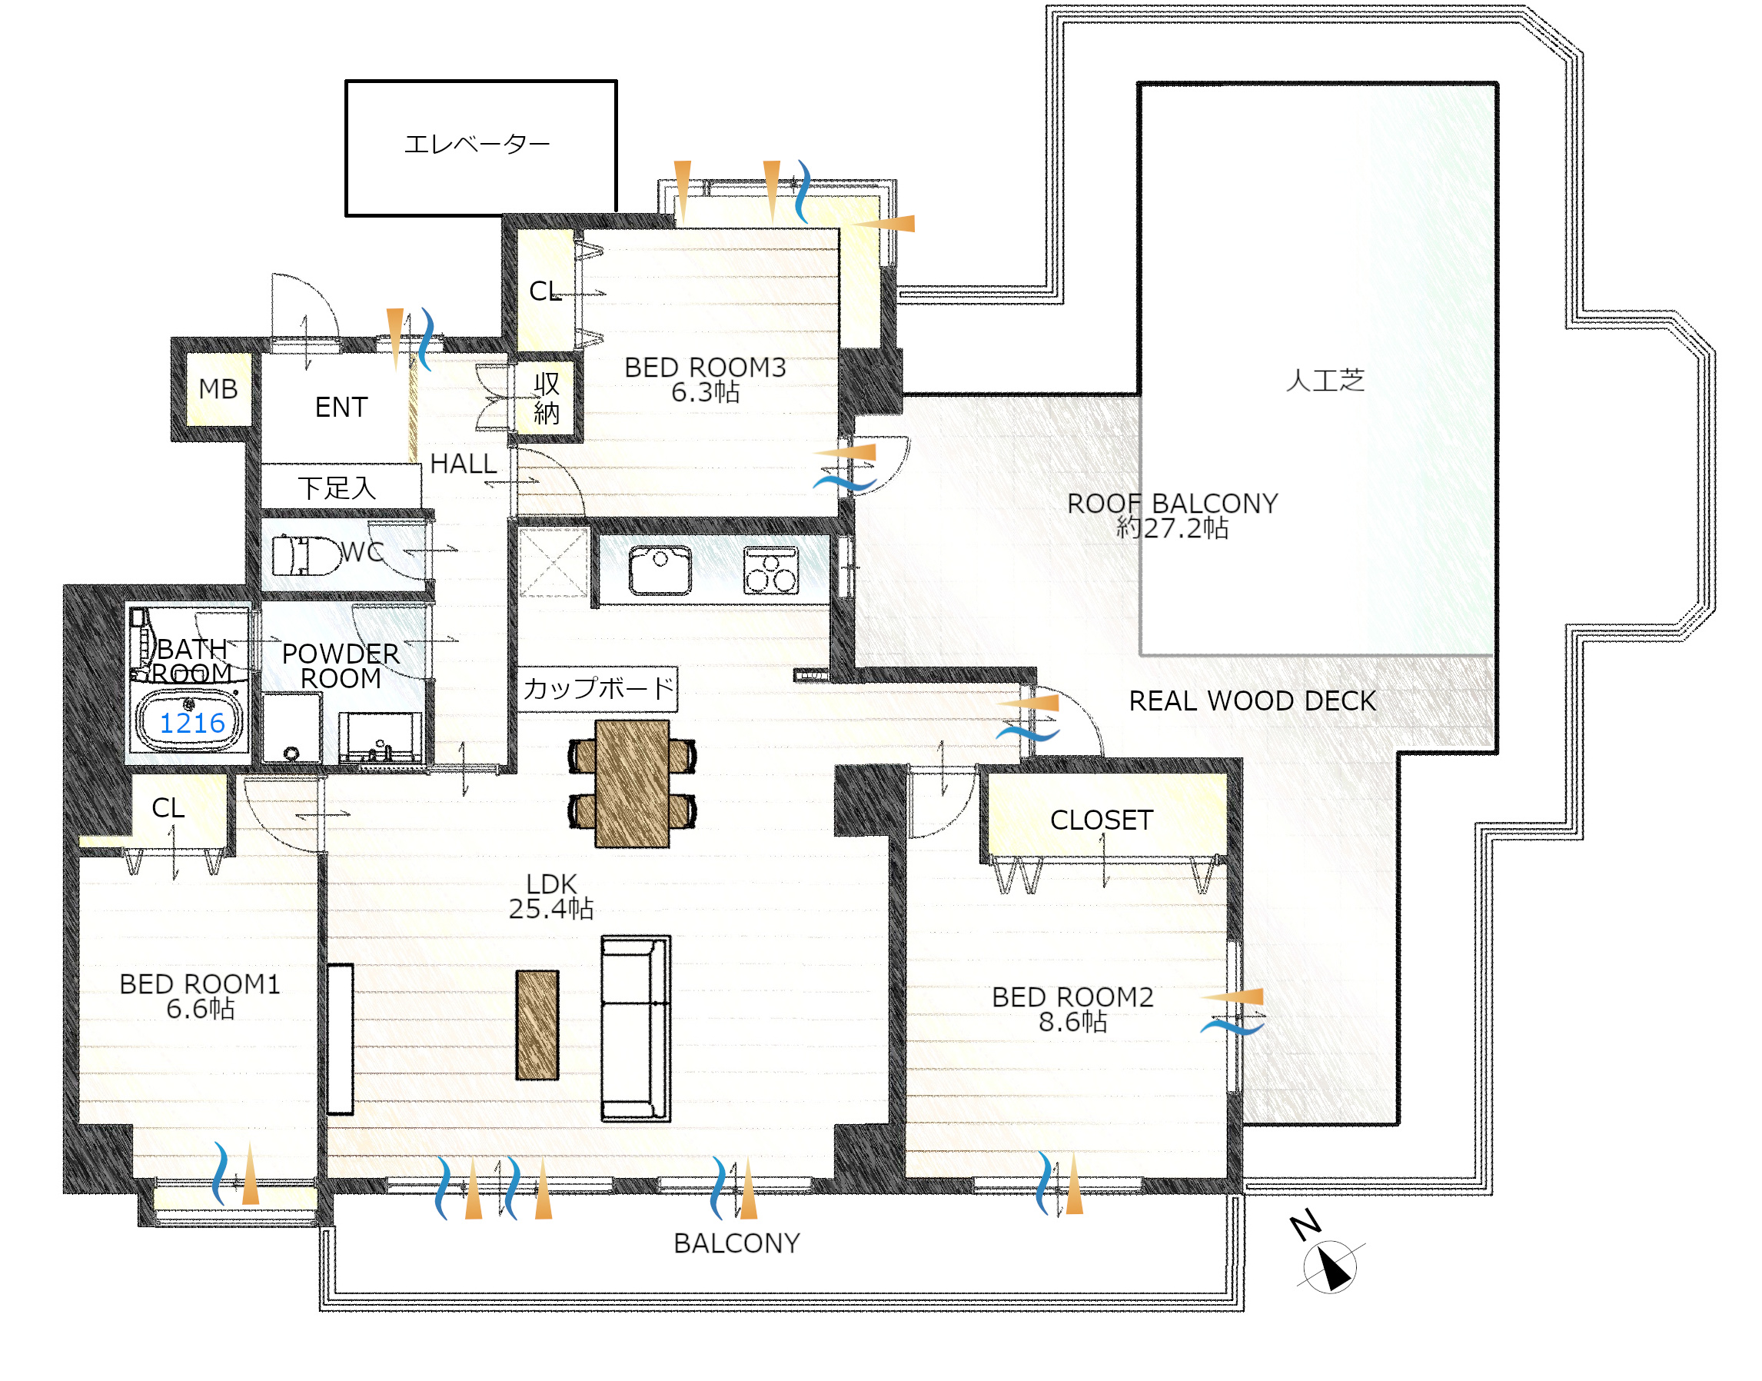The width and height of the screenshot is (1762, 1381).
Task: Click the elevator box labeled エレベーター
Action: (x=481, y=148)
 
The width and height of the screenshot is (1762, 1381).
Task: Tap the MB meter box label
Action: (x=218, y=389)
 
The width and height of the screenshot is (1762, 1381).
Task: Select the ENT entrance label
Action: (x=341, y=407)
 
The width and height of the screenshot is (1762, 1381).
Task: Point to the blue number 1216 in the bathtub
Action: (x=192, y=723)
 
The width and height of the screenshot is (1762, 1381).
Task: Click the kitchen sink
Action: (x=660, y=570)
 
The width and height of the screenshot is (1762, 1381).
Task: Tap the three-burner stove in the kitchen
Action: (x=771, y=570)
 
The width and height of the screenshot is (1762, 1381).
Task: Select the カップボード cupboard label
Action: (x=597, y=688)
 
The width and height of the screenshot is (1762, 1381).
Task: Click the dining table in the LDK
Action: (x=632, y=784)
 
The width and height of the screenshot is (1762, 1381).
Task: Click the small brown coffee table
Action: (x=537, y=1025)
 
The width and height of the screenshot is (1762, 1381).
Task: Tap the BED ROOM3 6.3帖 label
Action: (x=705, y=379)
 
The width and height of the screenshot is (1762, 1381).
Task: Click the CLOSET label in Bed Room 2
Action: (x=1102, y=820)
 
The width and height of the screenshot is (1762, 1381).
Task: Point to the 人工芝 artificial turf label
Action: (x=1325, y=380)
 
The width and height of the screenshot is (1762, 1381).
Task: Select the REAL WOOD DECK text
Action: (x=1252, y=701)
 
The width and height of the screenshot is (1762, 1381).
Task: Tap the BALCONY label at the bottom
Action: (x=736, y=1243)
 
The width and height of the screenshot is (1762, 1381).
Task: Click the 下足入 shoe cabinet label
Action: (x=337, y=488)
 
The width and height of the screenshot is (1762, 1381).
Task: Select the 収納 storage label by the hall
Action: (x=547, y=398)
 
